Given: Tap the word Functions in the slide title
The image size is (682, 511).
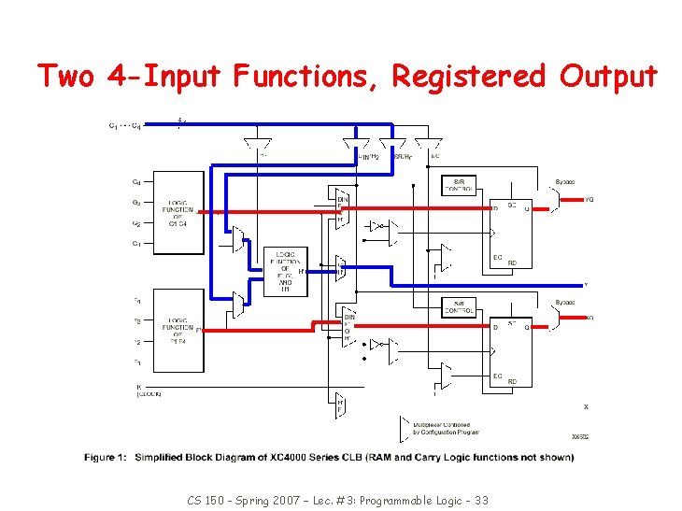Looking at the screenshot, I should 305,76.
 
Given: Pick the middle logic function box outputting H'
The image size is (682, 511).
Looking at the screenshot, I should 284,271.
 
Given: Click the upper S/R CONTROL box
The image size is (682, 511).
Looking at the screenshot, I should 464,184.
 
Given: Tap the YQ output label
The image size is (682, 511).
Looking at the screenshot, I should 589,199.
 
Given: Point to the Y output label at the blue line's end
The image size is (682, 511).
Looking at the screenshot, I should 586,284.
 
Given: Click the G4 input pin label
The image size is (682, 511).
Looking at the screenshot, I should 136,182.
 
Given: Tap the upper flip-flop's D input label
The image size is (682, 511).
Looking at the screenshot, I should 495,208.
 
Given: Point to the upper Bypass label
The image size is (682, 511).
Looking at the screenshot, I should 565,182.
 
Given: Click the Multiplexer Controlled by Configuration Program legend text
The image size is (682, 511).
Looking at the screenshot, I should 446,427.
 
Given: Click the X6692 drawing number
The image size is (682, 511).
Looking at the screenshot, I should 580,436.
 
